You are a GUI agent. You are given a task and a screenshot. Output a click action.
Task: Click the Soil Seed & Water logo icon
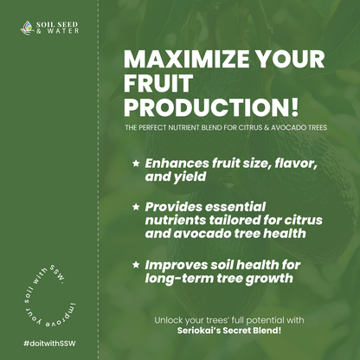pyautogui.click(x=27, y=28)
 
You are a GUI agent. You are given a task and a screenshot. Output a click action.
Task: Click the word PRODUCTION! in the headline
pyautogui.click(x=212, y=107)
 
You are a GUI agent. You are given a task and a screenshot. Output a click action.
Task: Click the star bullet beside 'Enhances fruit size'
pyautogui.click(x=134, y=163)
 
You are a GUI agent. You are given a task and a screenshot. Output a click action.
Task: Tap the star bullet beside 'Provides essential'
pyautogui.click(x=134, y=208)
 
